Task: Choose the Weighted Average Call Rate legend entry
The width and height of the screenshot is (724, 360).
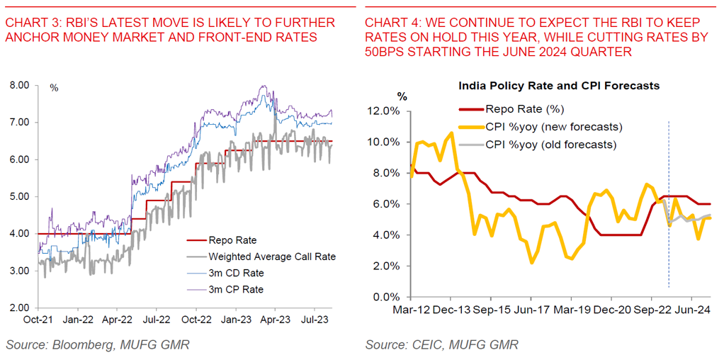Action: coord(271,256)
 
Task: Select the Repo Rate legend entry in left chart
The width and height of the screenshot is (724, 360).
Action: coord(232,240)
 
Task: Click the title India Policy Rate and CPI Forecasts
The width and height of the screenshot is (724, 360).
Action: coord(559,86)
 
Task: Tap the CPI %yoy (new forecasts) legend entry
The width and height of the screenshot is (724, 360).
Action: coord(553,127)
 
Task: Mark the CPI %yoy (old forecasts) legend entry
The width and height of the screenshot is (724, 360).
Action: coord(551,144)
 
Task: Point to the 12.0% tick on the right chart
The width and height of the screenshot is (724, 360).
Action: coord(385,111)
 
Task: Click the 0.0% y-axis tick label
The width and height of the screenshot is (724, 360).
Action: coord(388,297)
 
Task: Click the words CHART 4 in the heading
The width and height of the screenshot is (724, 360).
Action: coord(390,23)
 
